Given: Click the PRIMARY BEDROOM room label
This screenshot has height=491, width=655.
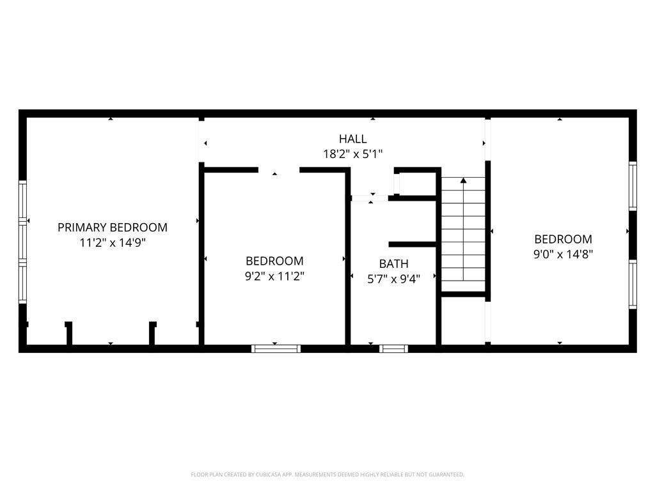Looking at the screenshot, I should pyautogui.click(x=113, y=227).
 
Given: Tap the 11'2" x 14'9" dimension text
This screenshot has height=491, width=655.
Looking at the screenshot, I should pyautogui.click(x=113, y=243).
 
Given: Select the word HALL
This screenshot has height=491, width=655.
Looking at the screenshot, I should pyautogui.click(x=352, y=139).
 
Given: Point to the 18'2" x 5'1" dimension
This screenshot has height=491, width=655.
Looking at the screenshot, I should pyautogui.click(x=352, y=154).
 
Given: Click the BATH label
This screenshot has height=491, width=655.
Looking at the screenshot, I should pyautogui.click(x=393, y=263).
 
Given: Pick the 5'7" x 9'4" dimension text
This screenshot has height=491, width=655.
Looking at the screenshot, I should pyautogui.click(x=393, y=279).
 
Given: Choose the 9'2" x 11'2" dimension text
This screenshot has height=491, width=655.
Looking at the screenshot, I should pyautogui.click(x=274, y=276).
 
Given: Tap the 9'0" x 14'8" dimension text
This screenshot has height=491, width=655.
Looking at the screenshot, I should pyautogui.click(x=563, y=254).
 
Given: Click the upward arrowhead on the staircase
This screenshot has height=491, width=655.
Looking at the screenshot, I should pyautogui.click(x=463, y=181).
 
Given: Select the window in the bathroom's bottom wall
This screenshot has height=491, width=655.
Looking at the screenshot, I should pyautogui.click(x=393, y=348).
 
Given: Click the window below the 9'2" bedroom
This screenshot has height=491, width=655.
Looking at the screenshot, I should pyautogui.click(x=276, y=348).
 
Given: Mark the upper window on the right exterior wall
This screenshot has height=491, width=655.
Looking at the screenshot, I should pyautogui.click(x=633, y=185).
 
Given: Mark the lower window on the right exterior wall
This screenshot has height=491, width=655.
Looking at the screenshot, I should pyautogui.click(x=633, y=284).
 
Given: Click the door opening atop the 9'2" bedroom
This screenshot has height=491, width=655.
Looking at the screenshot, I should pyautogui.click(x=278, y=170).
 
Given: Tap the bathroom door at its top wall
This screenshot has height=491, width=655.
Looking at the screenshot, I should pyautogui.click(x=370, y=198).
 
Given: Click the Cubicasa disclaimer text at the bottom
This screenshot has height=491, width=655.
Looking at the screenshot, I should pyautogui.click(x=327, y=474).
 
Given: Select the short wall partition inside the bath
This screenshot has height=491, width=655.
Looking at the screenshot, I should pyautogui.click(x=413, y=244).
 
